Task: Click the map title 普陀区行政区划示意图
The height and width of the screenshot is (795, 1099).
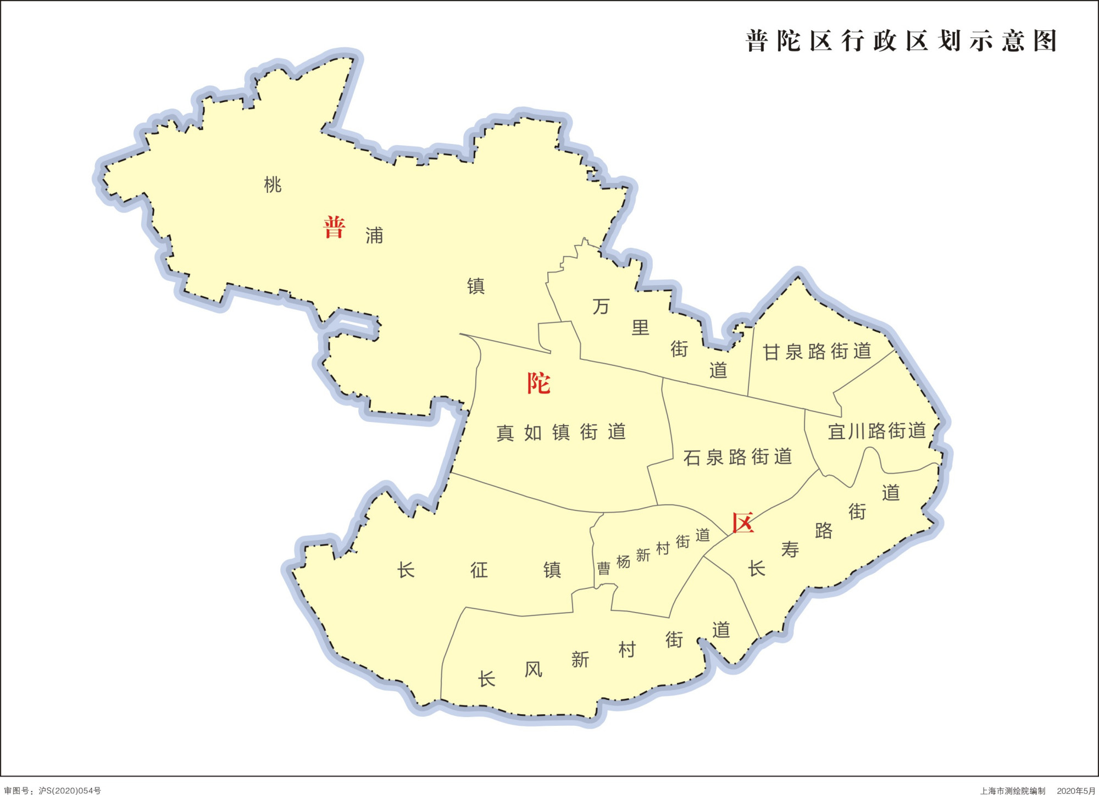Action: [901, 41]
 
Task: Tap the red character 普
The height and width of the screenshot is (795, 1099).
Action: [334, 227]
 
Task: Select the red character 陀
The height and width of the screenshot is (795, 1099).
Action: [539, 383]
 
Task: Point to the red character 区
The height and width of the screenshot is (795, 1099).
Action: [742, 523]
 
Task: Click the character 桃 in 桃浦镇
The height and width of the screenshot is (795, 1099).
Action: [273, 185]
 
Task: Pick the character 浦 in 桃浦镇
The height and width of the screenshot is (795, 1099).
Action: [374, 236]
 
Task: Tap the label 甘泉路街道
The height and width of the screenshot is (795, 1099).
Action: [817, 352]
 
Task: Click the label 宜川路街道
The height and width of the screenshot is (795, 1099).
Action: [877, 431]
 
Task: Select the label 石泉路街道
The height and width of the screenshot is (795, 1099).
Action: [737, 457]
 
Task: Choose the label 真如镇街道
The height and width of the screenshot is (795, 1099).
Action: [561, 432]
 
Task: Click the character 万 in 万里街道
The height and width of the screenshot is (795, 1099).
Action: [601, 307]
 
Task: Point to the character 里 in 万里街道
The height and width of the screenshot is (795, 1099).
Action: [640, 328]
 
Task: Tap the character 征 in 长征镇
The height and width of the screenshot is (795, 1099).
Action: [479, 570]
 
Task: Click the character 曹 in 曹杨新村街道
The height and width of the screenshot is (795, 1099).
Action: [603, 568]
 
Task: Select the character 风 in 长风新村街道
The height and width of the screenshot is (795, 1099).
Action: [533, 669]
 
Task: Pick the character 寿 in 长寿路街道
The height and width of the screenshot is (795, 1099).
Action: [790, 549]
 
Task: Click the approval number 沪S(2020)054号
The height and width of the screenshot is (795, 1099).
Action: [70, 791]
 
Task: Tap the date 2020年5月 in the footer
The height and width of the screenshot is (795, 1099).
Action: [1076, 791]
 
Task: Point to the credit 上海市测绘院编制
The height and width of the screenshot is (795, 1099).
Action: [1013, 791]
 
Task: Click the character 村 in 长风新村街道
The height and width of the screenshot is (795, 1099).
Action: [627, 650]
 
